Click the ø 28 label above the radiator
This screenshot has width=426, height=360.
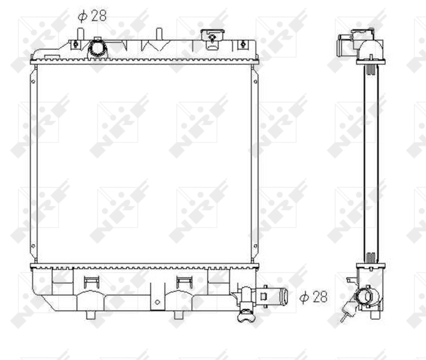tap(92, 16)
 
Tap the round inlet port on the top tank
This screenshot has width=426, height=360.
tap(96, 48)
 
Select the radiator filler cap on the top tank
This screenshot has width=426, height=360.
tap(211, 38)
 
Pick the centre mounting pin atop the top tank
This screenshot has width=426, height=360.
tap(159, 34)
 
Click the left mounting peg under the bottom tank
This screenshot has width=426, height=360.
tap(91, 314)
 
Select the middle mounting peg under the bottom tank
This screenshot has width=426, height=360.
tap(178, 314)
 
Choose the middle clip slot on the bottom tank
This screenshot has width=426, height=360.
tap(183, 281)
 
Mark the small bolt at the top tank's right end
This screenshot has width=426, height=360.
tap(242, 44)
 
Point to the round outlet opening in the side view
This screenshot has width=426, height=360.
tap(365, 296)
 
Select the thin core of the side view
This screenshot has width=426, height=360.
tap(371, 162)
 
